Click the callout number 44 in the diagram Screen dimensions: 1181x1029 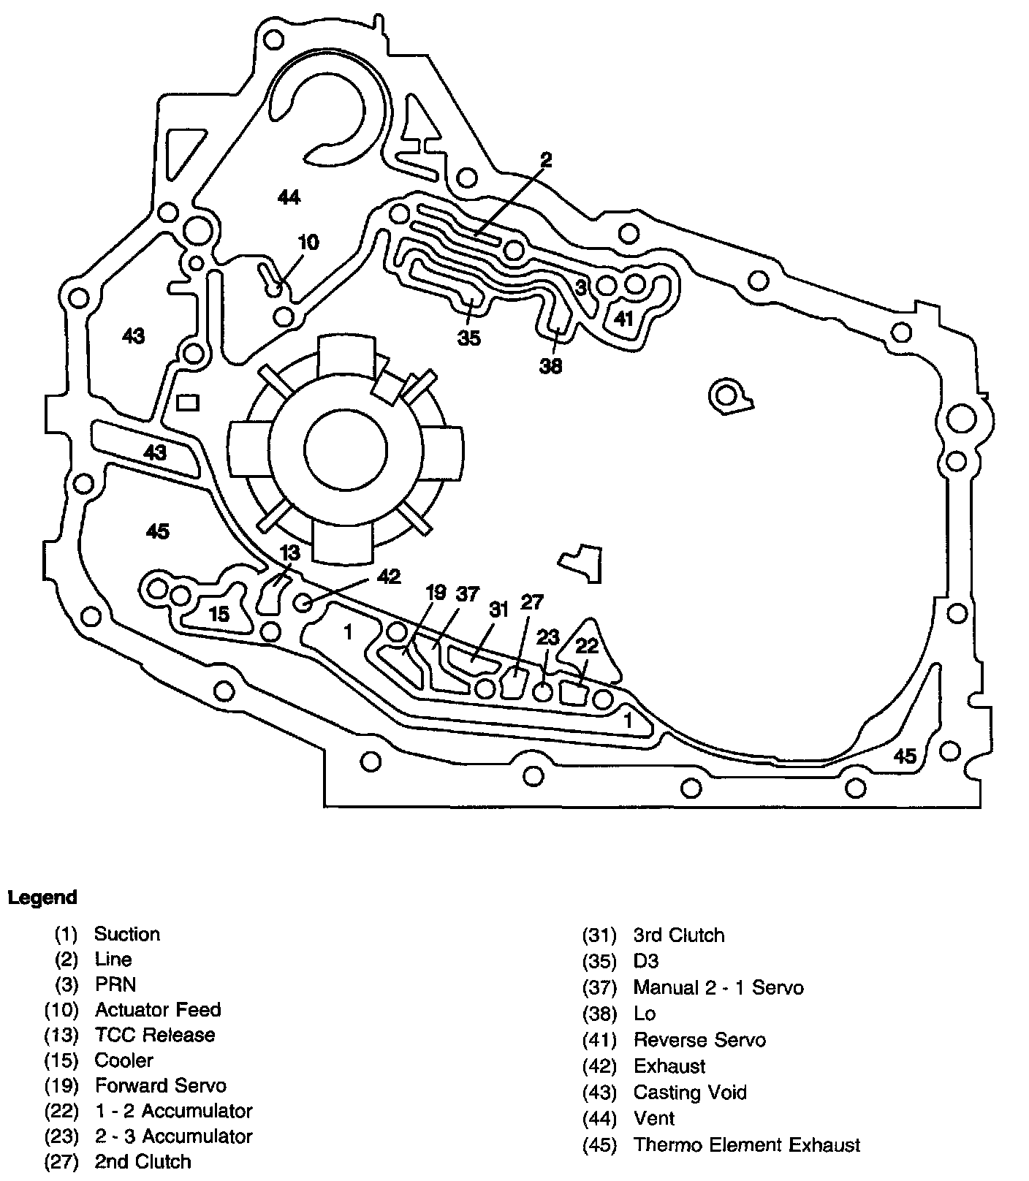coord(289,197)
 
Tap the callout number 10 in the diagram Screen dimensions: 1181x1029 coord(309,243)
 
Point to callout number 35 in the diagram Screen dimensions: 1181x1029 coord(469,338)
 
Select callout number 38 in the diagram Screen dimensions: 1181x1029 coord(551,365)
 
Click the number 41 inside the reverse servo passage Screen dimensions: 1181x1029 coord(623,319)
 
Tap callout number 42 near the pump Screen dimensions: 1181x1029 coord(389,577)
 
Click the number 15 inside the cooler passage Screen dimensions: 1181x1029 coord(219,614)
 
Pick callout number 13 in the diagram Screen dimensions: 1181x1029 coord(290,551)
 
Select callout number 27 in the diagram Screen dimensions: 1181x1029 coord(532,602)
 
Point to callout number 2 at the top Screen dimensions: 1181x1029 coord(546,159)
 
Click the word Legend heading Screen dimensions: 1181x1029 coord(42,897)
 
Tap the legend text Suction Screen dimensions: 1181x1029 coord(127,934)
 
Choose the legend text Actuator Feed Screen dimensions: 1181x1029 coord(158,1010)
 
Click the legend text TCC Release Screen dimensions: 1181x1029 coord(155,1035)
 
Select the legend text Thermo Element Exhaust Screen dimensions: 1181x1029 coord(747,1144)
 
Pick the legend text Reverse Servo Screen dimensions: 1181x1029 coord(699,1040)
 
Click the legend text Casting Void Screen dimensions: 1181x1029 coord(690,1093)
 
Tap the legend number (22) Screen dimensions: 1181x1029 coord(61,1111)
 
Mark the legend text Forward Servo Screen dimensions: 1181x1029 coord(161,1085)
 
